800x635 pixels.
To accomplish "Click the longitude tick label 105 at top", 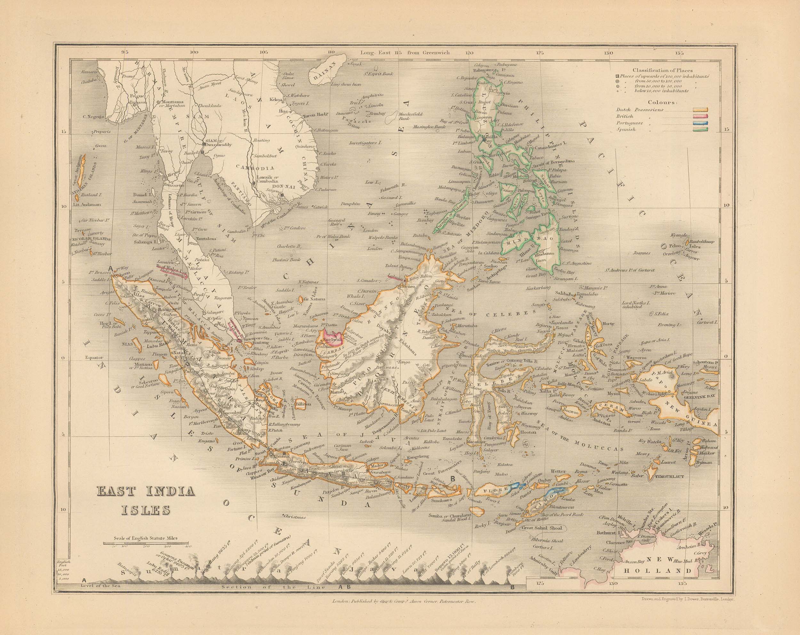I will pos(263,52).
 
